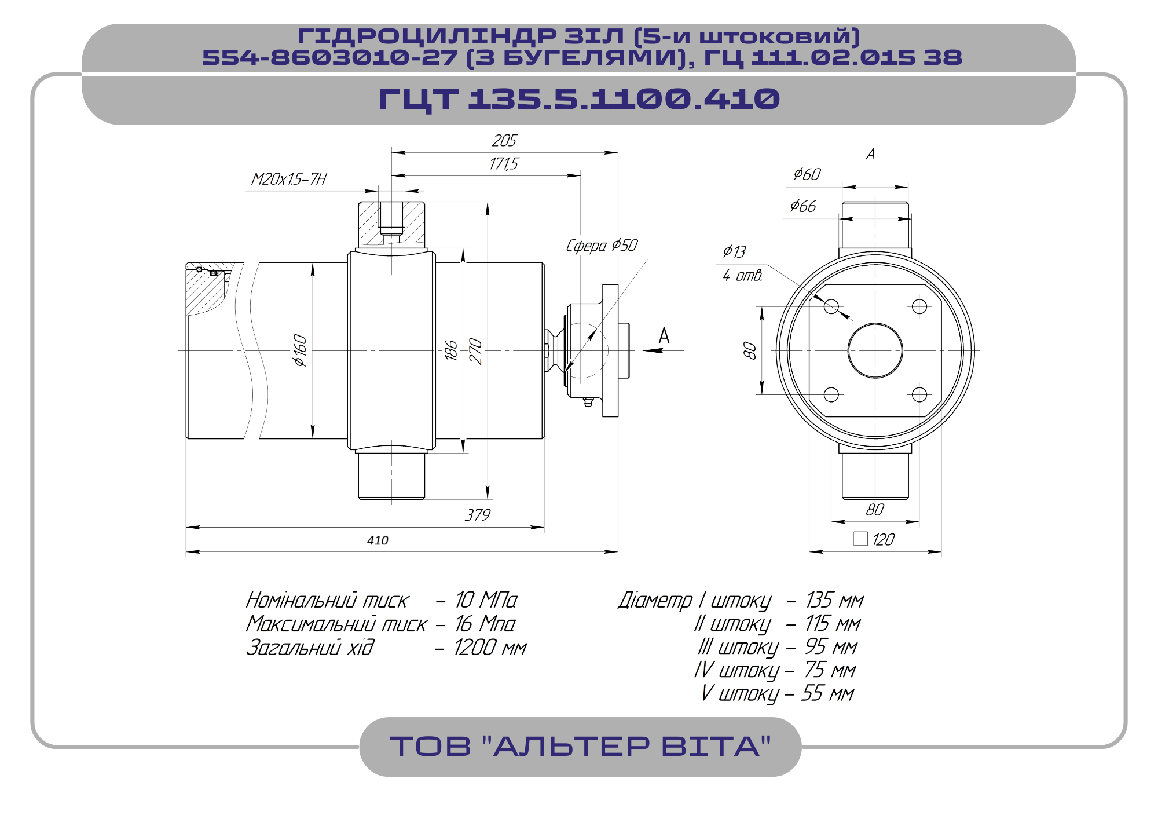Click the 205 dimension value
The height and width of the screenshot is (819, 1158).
pos(504,141)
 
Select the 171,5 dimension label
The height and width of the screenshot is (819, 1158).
pos(504,164)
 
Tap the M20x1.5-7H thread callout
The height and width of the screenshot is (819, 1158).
pos(289,179)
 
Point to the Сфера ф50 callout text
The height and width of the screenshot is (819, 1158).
pos(602,246)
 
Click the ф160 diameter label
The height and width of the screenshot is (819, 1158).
pos(300,350)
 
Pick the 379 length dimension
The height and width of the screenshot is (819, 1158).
pos(478,515)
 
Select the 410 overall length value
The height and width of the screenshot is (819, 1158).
pos(378,540)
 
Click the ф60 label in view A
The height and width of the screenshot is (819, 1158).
pos(807,174)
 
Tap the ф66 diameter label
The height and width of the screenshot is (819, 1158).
pos(803,206)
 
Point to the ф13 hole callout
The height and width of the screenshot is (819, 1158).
pos(734,251)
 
